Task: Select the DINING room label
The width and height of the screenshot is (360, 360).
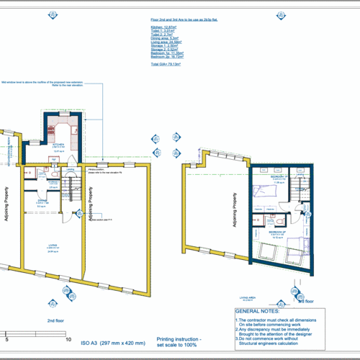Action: click(x=42, y=200)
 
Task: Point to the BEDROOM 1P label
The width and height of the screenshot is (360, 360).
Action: click(x=279, y=176)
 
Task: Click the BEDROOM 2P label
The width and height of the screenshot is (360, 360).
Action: click(x=278, y=233)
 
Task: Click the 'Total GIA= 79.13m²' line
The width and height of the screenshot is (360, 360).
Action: click(x=165, y=64)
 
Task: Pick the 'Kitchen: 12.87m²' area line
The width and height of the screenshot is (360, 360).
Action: click(x=163, y=25)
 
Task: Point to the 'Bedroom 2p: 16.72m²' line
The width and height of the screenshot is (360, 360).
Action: click(x=167, y=55)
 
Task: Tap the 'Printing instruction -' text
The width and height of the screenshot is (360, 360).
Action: click(x=179, y=338)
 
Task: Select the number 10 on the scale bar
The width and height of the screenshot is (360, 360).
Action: click(x=68, y=338)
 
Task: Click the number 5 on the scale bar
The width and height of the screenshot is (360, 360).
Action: click(x=7, y=338)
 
